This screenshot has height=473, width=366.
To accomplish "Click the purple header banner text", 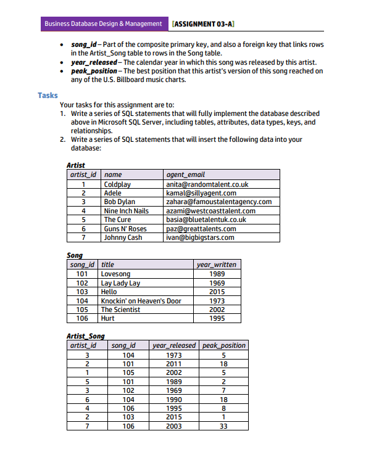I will tap(103, 24).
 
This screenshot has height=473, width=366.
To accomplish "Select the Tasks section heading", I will tap(48, 96).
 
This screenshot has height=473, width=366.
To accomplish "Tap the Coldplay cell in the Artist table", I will tap(117, 184).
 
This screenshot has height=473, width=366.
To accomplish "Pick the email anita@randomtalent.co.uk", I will tap(207, 184).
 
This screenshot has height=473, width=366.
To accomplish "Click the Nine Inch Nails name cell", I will tap(126, 211).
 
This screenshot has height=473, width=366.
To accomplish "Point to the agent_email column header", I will tap(186, 175).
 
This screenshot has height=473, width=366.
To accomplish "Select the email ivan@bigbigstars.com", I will tap(200, 237).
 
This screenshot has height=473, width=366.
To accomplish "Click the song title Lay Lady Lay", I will tap(120, 283).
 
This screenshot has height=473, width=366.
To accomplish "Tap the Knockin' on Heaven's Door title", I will tap(141, 301).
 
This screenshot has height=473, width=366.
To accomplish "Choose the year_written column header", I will tap(216, 265).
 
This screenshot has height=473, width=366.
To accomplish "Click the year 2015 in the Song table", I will tap(217, 292).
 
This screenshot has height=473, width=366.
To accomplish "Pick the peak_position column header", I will tap(224, 345).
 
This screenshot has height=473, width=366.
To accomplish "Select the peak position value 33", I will tap(224, 426).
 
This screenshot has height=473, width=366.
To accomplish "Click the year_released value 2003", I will tap(174, 426).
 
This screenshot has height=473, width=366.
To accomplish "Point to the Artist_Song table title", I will tap(85, 336).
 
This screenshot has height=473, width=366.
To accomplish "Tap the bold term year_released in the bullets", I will tap(93, 62).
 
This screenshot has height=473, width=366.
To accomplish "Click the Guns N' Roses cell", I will tap(125, 229).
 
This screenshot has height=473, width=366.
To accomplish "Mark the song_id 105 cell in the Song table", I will tap(81, 310).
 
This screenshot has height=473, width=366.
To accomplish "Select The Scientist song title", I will tap(120, 310).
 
